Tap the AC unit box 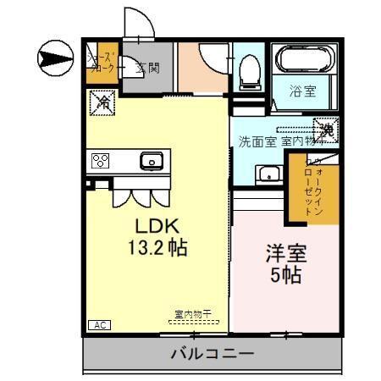[98, 324]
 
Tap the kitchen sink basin [152, 159]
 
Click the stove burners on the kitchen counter [101, 160]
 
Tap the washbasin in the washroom [269, 174]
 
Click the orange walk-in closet [323, 191]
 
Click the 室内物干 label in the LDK [193, 314]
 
